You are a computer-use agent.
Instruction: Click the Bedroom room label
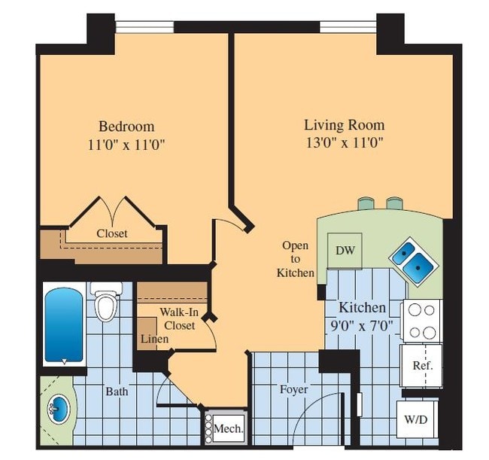pyautogui.click(x=126, y=126)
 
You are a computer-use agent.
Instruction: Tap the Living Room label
pyautogui.click(x=344, y=125)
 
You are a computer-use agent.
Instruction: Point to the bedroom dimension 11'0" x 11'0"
pyautogui.click(x=126, y=144)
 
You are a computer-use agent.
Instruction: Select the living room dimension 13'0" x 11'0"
pyautogui.click(x=344, y=143)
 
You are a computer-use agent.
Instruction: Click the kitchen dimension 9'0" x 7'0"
pyautogui.click(x=362, y=325)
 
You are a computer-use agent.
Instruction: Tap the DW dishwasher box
pyautogui.click(x=345, y=251)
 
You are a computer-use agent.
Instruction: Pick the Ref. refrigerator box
pyautogui.click(x=421, y=365)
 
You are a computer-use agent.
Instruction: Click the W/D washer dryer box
pyautogui.click(x=417, y=419)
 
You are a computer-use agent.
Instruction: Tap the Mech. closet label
pyautogui.click(x=229, y=429)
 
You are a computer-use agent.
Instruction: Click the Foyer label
pyautogui.click(x=293, y=390)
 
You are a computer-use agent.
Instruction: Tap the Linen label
pyautogui.click(x=154, y=340)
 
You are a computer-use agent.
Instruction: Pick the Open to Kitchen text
pyautogui.click(x=295, y=258)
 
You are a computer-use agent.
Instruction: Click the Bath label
pyautogui.click(x=117, y=391)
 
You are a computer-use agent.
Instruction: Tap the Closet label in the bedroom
pyautogui.click(x=111, y=233)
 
